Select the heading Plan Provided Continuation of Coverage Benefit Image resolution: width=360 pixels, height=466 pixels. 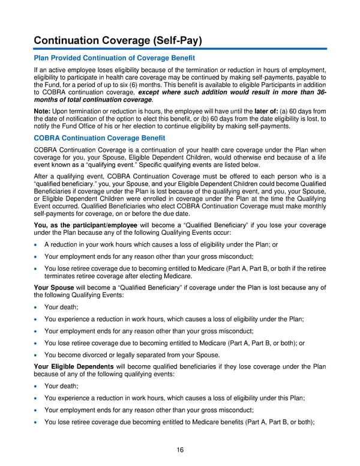coord(115,58)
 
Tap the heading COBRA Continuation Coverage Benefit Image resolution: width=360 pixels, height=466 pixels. coord(99,138)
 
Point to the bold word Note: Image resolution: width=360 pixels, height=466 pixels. coord(44,112)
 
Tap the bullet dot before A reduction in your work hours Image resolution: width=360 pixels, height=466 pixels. coord(37,245)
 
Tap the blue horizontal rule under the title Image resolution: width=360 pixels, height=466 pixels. coord(180,49)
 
